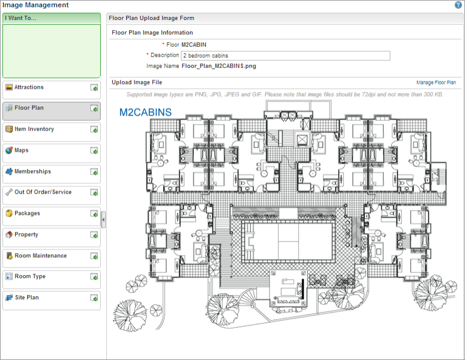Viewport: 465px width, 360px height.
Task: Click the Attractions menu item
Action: point(29,87)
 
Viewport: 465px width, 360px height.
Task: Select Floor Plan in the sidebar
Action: point(29,108)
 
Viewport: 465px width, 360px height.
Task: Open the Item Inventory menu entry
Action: point(34,129)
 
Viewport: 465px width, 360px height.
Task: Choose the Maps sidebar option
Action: point(21,151)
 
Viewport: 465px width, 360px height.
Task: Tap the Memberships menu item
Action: point(33,171)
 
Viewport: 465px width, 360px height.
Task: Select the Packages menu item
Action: point(27,213)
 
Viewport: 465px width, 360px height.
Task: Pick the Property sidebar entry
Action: point(26,234)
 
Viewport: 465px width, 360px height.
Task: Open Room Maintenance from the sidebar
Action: point(41,256)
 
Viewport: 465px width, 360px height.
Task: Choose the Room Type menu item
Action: point(30,276)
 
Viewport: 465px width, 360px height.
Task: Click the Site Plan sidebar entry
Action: point(27,297)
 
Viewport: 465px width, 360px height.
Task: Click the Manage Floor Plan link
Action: point(436,83)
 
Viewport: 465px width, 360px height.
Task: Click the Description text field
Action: point(285,56)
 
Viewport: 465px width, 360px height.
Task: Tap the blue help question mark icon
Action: point(458,5)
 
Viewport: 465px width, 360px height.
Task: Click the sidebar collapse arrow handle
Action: point(103,220)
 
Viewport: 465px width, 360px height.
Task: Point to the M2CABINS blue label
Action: point(145,112)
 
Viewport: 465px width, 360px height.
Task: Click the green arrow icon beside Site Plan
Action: point(94,297)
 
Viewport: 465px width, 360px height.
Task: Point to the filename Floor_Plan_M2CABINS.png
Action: point(219,66)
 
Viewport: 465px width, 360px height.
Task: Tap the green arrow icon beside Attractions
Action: point(94,87)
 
